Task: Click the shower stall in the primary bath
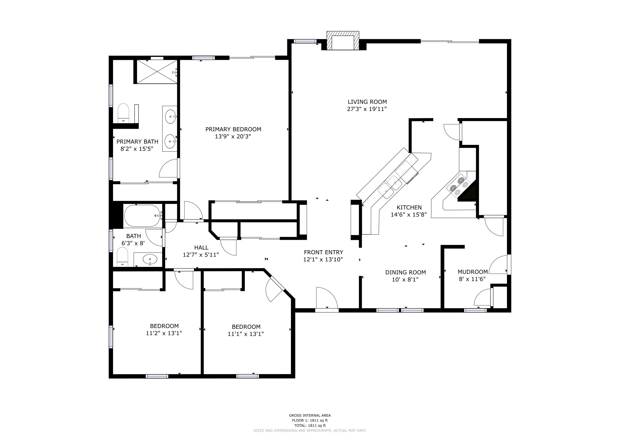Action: pos(157,72)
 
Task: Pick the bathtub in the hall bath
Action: pos(142,216)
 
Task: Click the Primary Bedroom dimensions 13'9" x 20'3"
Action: pos(233,136)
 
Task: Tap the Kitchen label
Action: pos(409,207)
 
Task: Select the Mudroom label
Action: pos(472,272)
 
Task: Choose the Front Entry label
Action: pos(323,252)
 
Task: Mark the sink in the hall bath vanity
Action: pos(150,259)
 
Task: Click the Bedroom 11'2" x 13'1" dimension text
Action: pos(164,333)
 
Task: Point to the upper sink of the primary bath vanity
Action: pos(170,117)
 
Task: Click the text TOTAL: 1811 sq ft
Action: pos(310,426)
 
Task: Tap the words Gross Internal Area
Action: pos(310,416)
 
